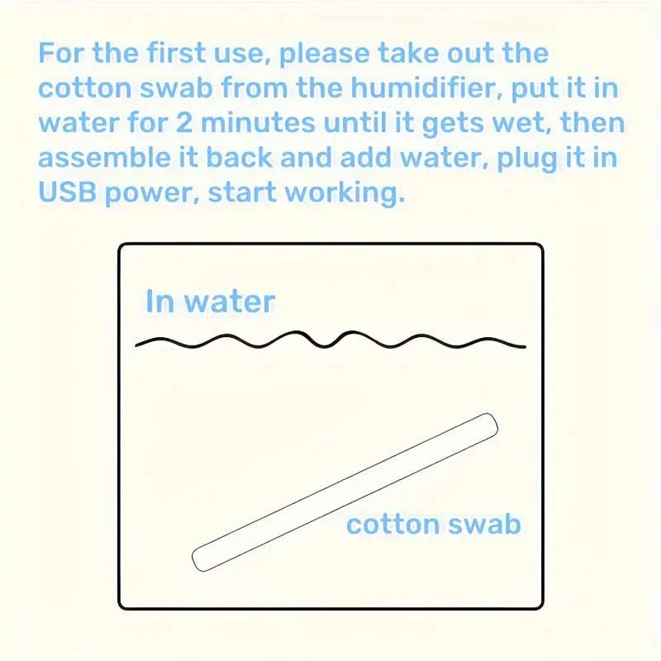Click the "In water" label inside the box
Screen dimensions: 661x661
pos(210,301)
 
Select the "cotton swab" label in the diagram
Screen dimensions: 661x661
pos(434,524)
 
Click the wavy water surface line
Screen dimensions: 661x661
pos(330,341)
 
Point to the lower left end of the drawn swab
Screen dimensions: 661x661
pos(201,559)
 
